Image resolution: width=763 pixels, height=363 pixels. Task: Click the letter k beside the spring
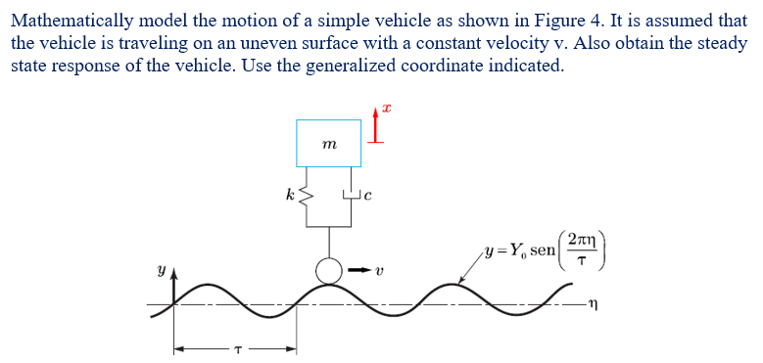click(289, 194)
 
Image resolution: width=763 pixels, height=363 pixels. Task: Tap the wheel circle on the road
click(329, 271)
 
